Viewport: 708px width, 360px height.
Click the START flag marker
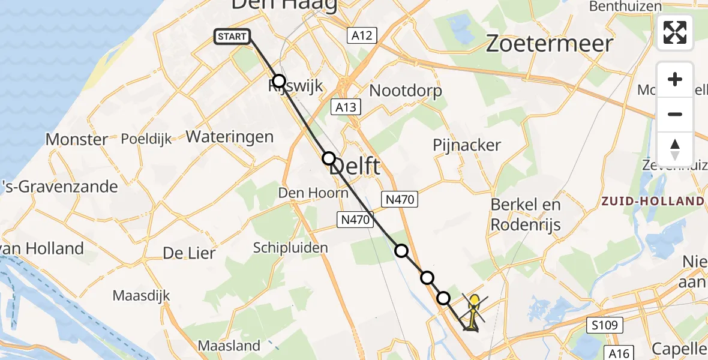pos(232,37)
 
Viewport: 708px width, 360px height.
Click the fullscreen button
pos(675,32)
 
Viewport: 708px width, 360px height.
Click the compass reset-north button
pos(675,149)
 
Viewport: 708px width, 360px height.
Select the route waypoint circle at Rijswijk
pos(278,81)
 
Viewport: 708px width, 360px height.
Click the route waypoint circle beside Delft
pos(329,158)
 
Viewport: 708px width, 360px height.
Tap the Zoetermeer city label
pos(549,44)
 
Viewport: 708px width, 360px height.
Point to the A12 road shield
pos(362,35)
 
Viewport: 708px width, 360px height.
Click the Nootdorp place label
pos(406,91)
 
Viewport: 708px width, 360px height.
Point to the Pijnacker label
pos(467,145)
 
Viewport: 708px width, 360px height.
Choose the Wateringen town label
pos(230,137)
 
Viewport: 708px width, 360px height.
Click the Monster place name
pos(77,140)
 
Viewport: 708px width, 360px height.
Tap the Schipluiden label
pos(290,248)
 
